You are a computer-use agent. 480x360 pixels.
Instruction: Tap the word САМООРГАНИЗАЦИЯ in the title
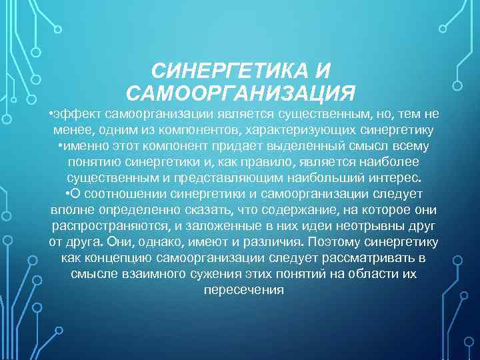coord(240,91)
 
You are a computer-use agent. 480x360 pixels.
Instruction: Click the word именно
coord(81,145)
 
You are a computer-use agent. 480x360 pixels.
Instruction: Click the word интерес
coord(398,177)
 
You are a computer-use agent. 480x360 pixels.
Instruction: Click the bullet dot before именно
coord(61,145)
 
